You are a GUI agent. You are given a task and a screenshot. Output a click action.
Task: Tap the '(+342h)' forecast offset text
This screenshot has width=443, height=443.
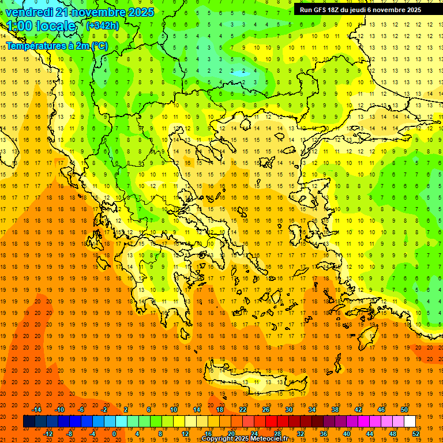click(102, 25)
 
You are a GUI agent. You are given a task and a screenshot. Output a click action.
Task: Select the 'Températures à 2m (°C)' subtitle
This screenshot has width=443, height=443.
click(57, 46)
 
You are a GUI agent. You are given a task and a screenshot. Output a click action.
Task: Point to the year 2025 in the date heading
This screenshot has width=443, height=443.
click(141, 12)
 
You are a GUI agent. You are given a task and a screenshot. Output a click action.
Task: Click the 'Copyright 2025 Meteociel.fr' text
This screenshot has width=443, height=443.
click(245, 439)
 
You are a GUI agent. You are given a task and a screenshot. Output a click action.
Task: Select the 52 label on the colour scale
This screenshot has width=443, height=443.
click(416, 434)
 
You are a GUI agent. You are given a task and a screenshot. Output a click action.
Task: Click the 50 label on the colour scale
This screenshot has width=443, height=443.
click(404, 410)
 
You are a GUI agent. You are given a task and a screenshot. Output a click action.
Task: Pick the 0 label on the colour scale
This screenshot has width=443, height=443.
click(114, 434)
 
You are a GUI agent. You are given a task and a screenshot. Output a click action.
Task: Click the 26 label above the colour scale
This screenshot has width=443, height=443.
click(266, 410)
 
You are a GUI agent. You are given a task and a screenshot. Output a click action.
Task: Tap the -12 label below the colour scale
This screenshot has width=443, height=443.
click(48, 434)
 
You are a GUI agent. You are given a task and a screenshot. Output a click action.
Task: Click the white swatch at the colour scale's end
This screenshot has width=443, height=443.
click(410, 422)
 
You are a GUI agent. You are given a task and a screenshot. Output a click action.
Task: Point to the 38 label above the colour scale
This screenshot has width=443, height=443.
click(335, 410)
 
